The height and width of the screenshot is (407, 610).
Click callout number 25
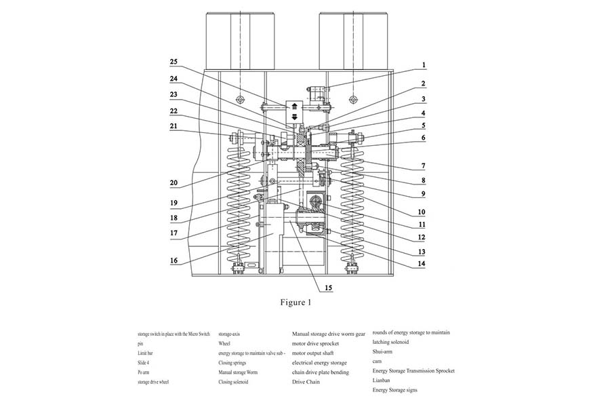174,62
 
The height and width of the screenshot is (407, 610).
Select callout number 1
423,65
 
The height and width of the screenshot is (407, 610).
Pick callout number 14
423,263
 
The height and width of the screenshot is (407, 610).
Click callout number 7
423,166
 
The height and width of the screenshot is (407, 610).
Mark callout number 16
174,260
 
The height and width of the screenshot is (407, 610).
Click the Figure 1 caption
296,303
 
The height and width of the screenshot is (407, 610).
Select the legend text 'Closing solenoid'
233,382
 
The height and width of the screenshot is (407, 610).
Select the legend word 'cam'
377,362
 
